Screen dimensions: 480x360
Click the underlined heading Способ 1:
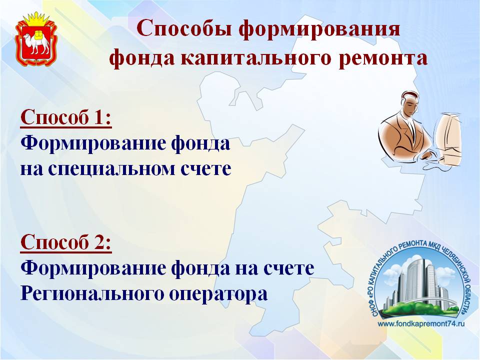[x=66, y=117]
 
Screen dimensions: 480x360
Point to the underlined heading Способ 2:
[x=66, y=242]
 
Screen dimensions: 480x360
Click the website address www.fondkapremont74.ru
[x=421, y=323]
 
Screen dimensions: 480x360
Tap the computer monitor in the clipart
[x=448, y=136]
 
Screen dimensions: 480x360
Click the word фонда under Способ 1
[x=200, y=143]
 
